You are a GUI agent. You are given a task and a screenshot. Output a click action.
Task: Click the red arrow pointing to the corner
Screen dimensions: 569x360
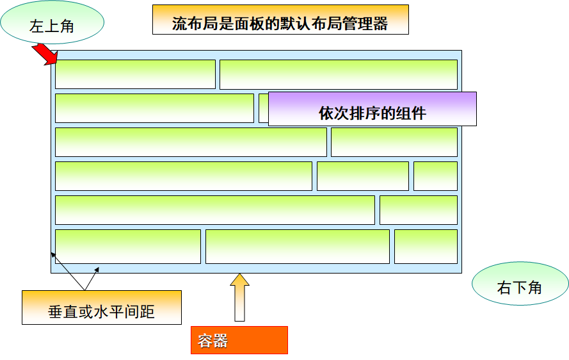click(x=45, y=54)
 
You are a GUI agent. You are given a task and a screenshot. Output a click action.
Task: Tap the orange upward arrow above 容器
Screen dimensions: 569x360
click(x=239, y=297)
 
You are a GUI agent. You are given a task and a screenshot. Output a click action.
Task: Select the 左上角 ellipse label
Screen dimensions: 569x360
click(x=52, y=22)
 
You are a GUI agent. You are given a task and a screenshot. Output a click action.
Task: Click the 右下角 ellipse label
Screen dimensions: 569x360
click(x=520, y=284)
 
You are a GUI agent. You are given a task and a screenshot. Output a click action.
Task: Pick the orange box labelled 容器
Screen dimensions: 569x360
click(x=239, y=340)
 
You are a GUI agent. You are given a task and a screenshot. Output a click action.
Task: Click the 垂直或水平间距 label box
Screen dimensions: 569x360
click(x=102, y=307)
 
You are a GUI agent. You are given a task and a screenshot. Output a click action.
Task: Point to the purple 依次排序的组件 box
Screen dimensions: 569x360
click(x=373, y=109)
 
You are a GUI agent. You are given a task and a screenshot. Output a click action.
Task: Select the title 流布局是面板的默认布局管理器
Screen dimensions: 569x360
click(x=280, y=20)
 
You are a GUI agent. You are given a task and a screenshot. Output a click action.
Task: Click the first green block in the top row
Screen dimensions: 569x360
click(x=135, y=74)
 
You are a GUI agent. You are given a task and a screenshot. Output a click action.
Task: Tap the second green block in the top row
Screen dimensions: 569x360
click(x=339, y=74)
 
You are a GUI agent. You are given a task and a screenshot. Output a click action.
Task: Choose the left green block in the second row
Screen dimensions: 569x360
click(x=155, y=108)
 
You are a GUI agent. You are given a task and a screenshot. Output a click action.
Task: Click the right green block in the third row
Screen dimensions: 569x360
click(x=394, y=142)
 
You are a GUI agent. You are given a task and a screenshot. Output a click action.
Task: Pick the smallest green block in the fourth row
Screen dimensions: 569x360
click(x=435, y=176)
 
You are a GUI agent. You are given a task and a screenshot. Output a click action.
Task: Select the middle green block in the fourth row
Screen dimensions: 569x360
click(x=363, y=176)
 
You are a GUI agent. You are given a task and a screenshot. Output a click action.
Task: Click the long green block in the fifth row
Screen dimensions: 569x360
click(x=215, y=210)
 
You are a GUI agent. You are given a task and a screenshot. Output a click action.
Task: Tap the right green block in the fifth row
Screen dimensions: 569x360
click(x=419, y=210)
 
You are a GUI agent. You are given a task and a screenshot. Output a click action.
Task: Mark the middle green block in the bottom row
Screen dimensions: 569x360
click(x=298, y=247)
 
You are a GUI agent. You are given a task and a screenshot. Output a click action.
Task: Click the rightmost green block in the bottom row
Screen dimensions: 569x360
click(x=426, y=247)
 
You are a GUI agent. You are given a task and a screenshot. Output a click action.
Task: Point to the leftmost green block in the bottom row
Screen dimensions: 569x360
click(x=128, y=247)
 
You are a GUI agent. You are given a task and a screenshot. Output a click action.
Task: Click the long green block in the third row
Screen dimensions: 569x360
click(x=191, y=142)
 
